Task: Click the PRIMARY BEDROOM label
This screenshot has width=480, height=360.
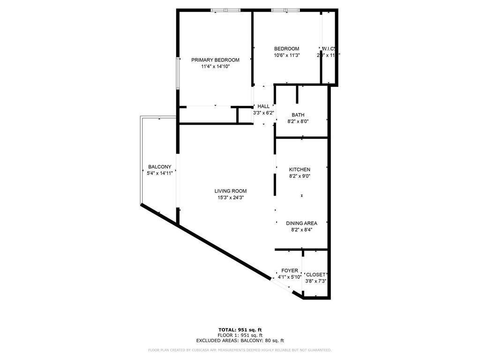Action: pyautogui.click(x=215, y=60)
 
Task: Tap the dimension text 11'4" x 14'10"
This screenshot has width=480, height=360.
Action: pyautogui.click(x=215, y=67)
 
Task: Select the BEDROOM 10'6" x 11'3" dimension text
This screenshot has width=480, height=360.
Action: pyautogui.click(x=286, y=55)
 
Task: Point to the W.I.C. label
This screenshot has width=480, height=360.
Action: pyautogui.click(x=328, y=49)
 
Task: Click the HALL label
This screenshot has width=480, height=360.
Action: pyautogui.click(x=263, y=106)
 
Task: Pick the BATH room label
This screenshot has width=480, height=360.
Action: pyautogui.click(x=298, y=115)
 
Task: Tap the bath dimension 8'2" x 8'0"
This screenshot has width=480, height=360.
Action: pyautogui.click(x=298, y=121)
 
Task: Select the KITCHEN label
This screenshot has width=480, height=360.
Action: pyautogui.click(x=300, y=170)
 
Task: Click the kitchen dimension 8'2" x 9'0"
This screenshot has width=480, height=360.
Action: pyautogui.click(x=300, y=176)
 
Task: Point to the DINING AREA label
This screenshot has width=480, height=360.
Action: pyautogui.click(x=301, y=224)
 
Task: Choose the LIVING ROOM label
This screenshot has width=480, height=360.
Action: pyautogui.click(x=230, y=191)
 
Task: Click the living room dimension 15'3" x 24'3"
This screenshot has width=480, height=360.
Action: pyautogui.click(x=230, y=198)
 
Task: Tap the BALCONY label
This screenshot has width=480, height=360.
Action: pyautogui.click(x=159, y=167)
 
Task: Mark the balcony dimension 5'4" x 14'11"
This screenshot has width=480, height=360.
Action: pyautogui.click(x=160, y=173)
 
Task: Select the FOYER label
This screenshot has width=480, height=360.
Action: pyautogui.click(x=289, y=271)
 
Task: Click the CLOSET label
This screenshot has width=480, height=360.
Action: pyautogui.click(x=315, y=275)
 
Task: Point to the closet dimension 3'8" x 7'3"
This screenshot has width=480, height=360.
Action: pyautogui.click(x=315, y=281)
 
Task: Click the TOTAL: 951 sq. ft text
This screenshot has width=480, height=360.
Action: pyautogui.click(x=240, y=330)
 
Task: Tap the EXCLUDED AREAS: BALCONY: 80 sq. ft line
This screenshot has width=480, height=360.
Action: pyautogui.click(x=240, y=341)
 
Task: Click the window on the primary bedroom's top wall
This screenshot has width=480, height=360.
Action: pyautogui.click(x=225, y=10)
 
